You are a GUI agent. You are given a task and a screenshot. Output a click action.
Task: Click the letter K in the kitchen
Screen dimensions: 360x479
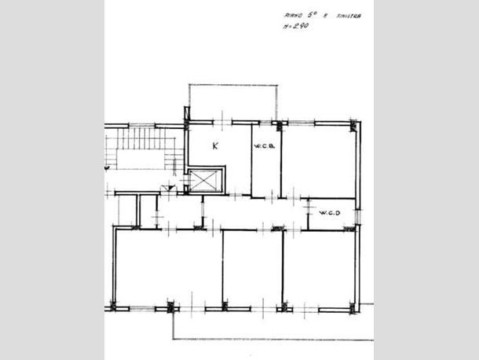[x=215, y=145]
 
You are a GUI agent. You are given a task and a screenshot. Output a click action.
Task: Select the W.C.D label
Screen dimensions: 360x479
[x=328, y=212]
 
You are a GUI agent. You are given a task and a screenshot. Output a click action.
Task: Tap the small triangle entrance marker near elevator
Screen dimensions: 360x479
[x=165, y=187]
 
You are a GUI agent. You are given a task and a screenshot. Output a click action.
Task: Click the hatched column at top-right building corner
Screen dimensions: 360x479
[x=354, y=126]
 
